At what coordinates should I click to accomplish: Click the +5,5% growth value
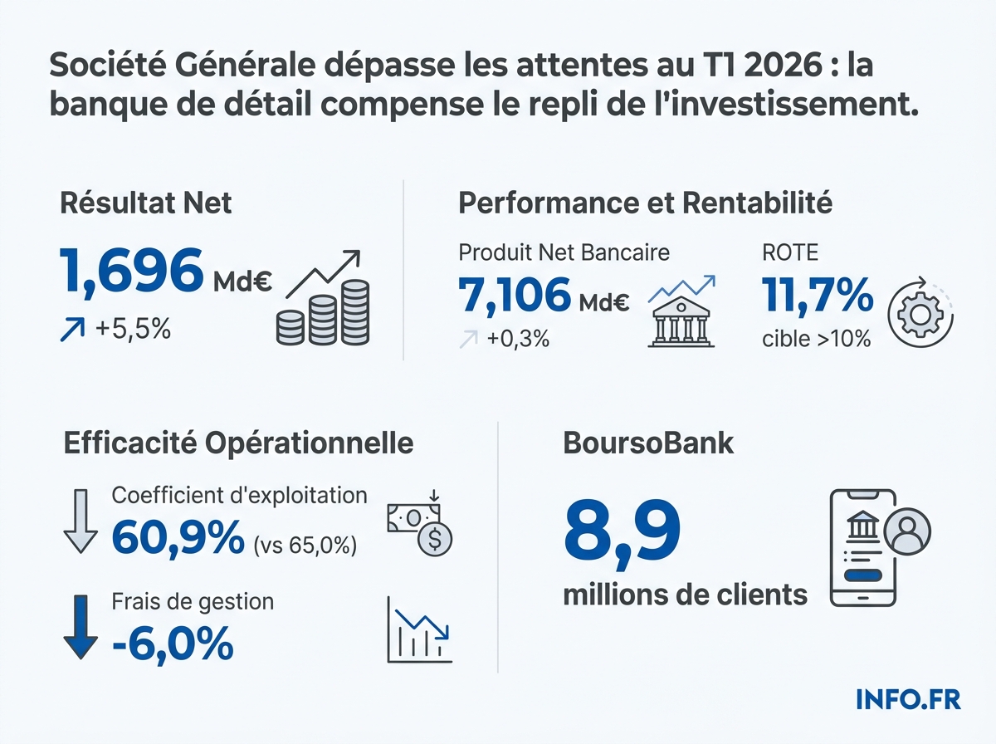(x=132, y=330)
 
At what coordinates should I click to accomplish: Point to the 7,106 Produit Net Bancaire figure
(x=515, y=295)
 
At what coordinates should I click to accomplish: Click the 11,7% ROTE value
(x=817, y=296)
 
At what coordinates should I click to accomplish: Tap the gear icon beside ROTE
(x=918, y=315)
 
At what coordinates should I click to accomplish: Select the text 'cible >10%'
(x=816, y=338)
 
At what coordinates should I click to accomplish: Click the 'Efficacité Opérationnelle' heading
(x=238, y=443)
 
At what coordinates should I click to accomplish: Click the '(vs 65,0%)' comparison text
(x=304, y=546)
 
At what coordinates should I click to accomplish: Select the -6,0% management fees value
(x=172, y=644)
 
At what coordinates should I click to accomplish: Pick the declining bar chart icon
(x=420, y=630)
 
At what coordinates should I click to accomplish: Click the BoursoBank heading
(x=648, y=443)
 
